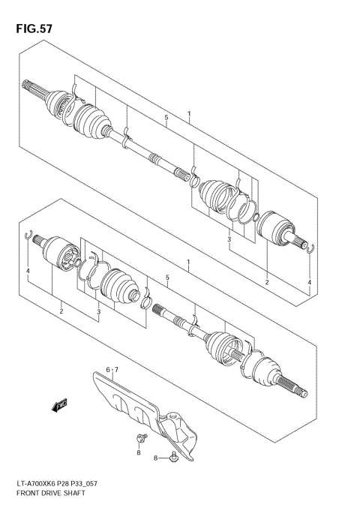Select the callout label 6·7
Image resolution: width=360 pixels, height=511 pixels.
click(112, 370)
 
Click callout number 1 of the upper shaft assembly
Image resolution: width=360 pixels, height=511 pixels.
click(189, 116)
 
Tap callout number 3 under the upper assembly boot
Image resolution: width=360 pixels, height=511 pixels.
click(229, 239)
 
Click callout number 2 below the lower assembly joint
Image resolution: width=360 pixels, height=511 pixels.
click(61, 310)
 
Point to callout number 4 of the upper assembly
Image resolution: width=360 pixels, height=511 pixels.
click(308, 282)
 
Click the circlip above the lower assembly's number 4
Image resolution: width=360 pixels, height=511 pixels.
click(28, 235)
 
